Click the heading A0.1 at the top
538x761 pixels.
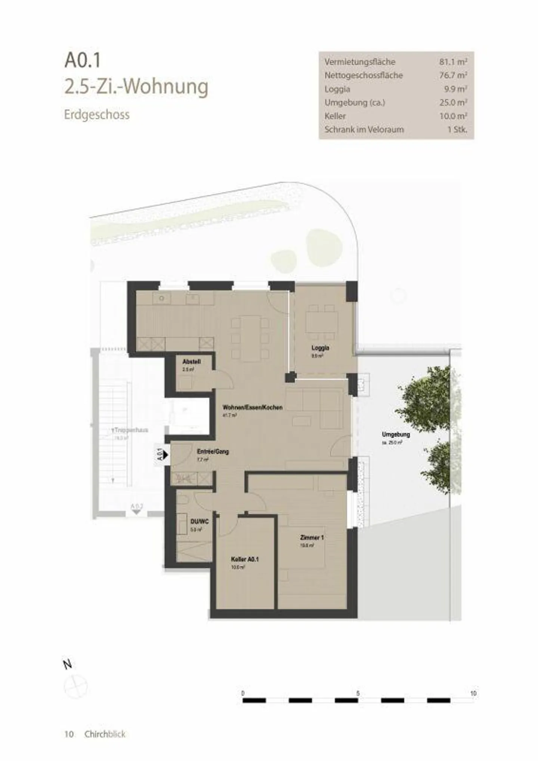click(x=83, y=61)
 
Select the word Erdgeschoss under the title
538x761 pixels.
click(x=97, y=114)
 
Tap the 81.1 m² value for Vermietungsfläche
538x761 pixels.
click(x=453, y=62)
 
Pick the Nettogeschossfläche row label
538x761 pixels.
click(x=363, y=75)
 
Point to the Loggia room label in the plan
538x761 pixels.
click(x=320, y=348)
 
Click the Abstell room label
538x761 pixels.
click(x=191, y=362)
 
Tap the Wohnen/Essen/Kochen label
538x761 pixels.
click(x=252, y=407)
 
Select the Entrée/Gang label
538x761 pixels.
click(x=213, y=451)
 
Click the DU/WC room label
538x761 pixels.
click(x=199, y=521)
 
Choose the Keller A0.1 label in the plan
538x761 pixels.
click(x=245, y=559)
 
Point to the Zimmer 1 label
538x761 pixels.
click(x=312, y=537)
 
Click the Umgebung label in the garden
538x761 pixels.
click(x=396, y=435)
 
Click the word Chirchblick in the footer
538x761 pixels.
click(x=105, y=734)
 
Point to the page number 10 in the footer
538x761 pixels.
click(x=69, y=734)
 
